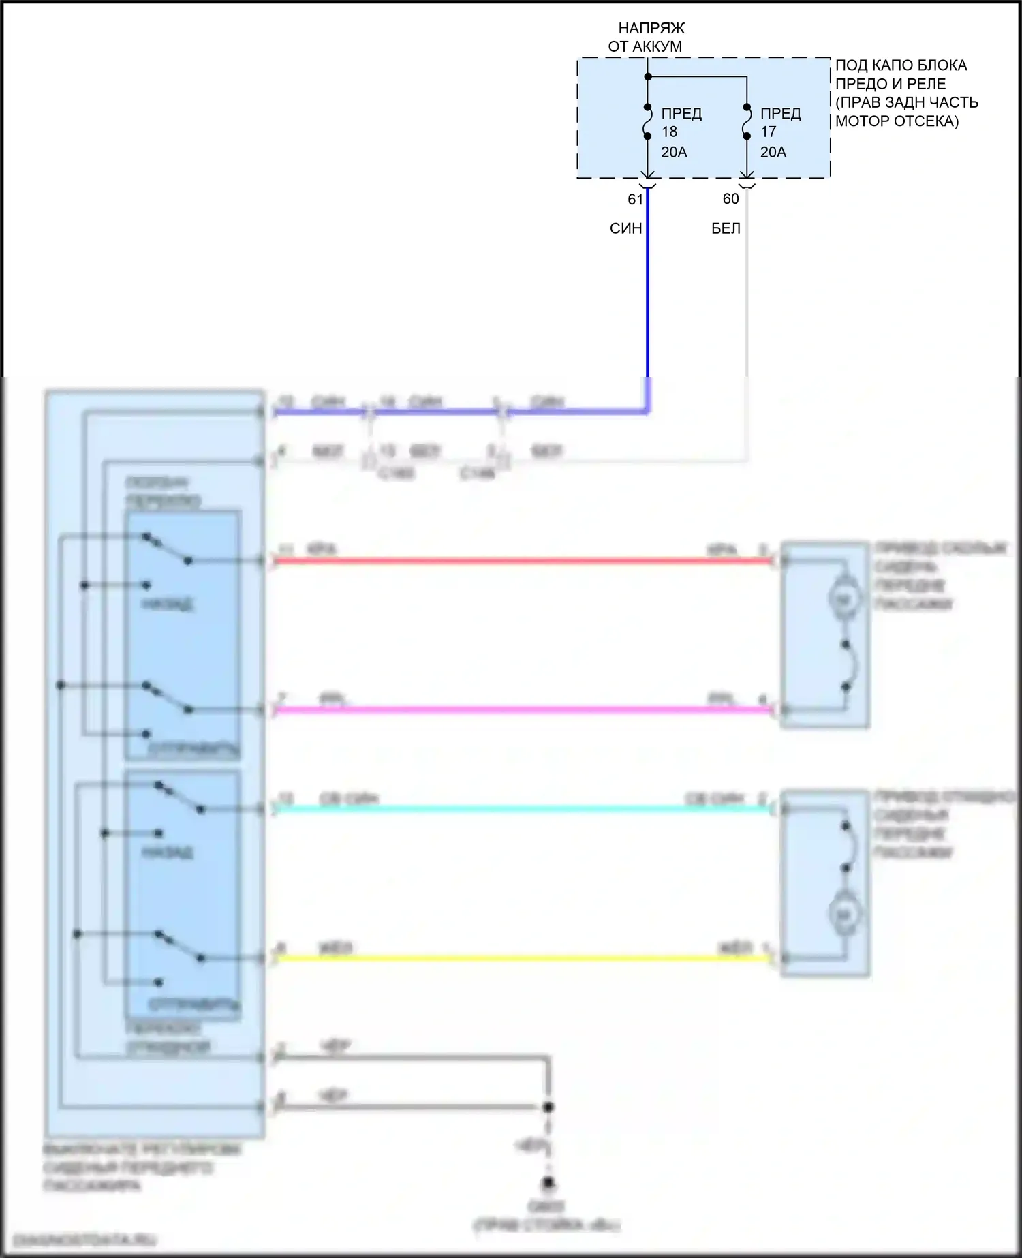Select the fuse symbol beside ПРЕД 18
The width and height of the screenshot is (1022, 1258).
pos(647,121)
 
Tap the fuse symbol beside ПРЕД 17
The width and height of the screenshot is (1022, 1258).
pos(747,121)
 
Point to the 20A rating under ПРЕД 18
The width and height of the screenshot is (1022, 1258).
pos(674,152)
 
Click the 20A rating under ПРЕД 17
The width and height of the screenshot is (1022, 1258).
pos(773,152)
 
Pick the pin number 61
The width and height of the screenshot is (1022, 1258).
pos(635,199)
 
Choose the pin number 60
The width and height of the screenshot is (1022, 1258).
pos(730,198)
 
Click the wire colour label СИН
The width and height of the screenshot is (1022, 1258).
pos(625,228)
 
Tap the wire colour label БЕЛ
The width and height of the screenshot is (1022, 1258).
pos(726,228)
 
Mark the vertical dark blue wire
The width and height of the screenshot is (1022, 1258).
pos(647,293)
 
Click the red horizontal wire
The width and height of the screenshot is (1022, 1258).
pos(525,561)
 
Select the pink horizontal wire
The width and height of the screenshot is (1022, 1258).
pos(525,710)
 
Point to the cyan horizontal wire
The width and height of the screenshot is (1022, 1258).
pos(525,809)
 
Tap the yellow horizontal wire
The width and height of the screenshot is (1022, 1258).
pos(525,958)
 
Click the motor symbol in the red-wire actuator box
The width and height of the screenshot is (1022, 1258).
pos(843,599)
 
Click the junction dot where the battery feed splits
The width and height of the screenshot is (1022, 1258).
pos(648,76)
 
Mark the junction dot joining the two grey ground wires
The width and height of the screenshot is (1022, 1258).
pos(548,1107)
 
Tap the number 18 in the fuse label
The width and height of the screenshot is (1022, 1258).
pos(669,132)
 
